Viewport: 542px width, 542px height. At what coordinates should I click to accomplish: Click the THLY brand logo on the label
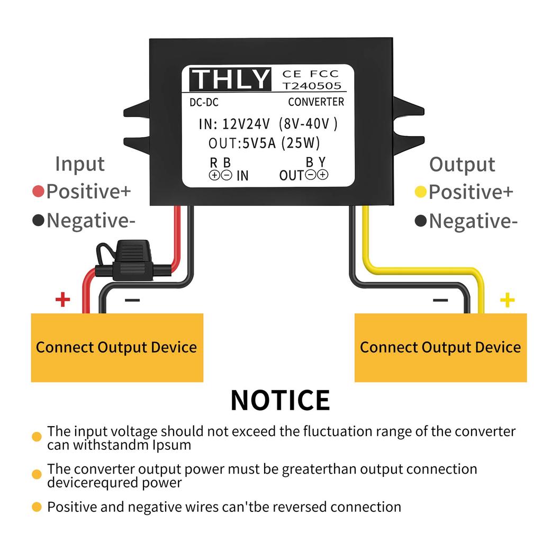point(230,79)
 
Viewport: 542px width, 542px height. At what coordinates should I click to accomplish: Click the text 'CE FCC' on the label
point(310,74)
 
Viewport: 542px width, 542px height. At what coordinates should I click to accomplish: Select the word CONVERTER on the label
point(316,102)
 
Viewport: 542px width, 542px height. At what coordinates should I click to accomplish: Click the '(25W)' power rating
point(301,143)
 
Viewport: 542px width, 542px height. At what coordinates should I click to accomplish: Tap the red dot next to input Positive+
point(38,192)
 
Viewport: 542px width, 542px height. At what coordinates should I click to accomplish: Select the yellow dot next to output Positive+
point(421,192)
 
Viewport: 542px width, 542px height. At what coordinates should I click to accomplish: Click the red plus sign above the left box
point(62,300)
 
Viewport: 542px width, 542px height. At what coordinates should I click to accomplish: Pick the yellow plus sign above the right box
point(507,301)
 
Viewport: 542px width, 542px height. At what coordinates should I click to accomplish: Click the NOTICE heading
point(280,400)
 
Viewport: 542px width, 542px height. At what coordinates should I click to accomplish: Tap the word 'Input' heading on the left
point(80,164)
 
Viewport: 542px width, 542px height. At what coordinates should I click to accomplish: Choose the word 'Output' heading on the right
point(462,165)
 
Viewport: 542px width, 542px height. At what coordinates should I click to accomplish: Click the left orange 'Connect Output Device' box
point(117,347)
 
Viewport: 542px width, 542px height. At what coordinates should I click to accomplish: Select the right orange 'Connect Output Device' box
point(440,347)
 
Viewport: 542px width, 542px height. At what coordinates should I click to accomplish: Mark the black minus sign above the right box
point(440,301)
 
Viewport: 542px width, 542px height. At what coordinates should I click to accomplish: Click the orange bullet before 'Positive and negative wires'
point(37,507)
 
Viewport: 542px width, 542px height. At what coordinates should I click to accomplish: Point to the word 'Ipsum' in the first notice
point(172,445)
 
